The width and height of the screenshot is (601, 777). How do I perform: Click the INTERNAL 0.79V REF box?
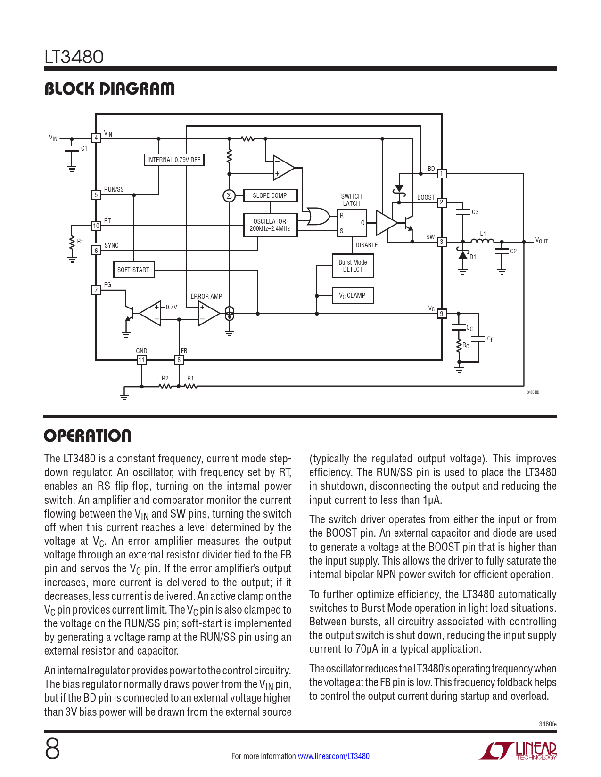click(x=173, y=160)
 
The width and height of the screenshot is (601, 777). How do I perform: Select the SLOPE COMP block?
click(x=270, y=195)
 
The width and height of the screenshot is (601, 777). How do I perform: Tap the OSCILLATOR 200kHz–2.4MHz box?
click(x=270, y=225)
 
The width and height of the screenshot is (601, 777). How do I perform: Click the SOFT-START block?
click(x=133, y=270)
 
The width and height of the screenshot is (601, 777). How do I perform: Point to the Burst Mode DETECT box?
click(x=353, y=266)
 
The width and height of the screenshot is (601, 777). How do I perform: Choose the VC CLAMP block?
click(x=353, y=296)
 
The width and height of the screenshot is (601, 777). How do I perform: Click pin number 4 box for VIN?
click(x=96, y=138)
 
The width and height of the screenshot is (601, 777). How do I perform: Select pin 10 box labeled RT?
click(x=96, y=226)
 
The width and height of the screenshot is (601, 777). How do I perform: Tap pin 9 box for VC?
click(x=442, y=314)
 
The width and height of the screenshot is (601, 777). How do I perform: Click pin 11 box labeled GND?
click(x=141, y=360)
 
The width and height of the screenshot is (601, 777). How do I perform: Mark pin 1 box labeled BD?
click(x=442, y=174)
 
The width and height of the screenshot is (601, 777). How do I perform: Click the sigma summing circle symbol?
click(x=229, y=195)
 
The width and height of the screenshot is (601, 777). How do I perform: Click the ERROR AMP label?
click(x=206, y=296)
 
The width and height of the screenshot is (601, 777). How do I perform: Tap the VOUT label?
click(x=542, y=241)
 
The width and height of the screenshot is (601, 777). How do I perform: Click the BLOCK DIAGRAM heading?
click(x=109, y=89)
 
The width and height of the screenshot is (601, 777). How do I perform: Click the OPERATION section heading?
click(x=88, y=436)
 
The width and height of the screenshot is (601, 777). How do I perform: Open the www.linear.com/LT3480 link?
click(x=334, y=756)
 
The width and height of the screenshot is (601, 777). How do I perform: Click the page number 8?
click(x=52, y=749)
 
